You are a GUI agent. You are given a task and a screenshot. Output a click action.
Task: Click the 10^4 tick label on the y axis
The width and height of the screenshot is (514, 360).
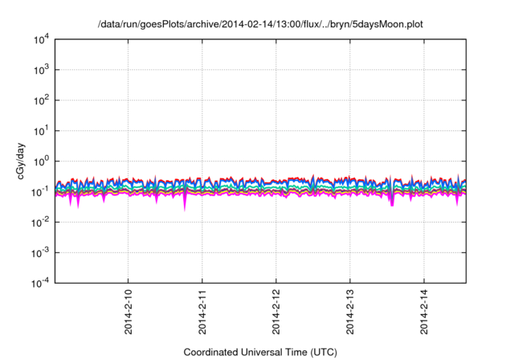click(40, 39)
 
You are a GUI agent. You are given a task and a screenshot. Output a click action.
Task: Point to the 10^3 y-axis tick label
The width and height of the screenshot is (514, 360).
click(40, 70)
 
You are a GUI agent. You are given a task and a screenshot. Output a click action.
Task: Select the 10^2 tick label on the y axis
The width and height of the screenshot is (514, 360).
click(40, 100)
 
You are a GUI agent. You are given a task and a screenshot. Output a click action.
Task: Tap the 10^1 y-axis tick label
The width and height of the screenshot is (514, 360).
click(40, 130)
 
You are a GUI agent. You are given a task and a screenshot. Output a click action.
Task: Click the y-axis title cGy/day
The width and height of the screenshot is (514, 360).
click(22, 161)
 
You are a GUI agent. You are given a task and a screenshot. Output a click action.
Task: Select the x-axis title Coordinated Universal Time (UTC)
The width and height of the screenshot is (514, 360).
click(260, 352)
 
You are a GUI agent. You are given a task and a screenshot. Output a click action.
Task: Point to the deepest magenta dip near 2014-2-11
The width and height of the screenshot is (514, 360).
click(185, 207)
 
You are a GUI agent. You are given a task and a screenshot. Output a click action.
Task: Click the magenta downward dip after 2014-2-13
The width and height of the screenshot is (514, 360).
click(392, 203)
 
